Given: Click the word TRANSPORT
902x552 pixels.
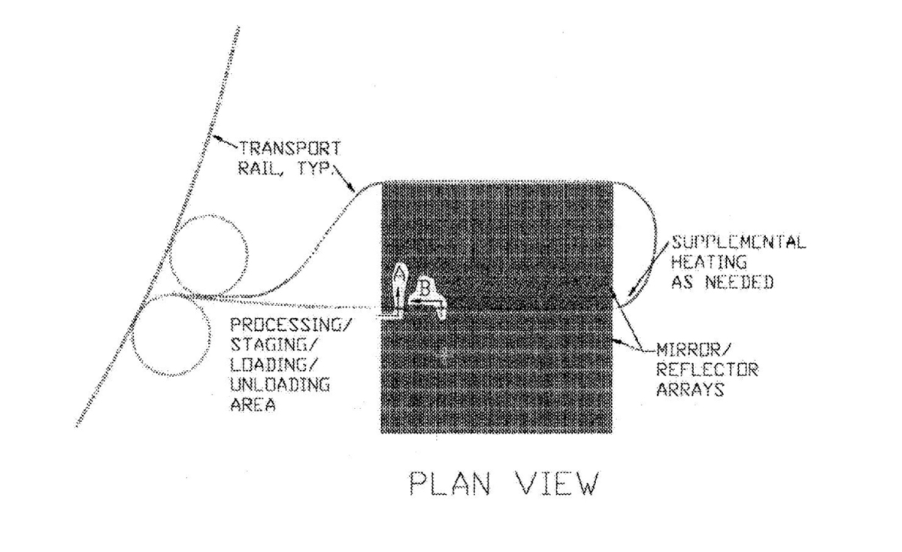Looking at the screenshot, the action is point(290,148).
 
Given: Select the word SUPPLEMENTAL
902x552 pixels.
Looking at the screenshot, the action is point(738,242).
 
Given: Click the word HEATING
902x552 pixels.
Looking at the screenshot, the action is point(709,262).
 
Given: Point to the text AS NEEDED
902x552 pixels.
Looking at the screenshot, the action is point(722,282).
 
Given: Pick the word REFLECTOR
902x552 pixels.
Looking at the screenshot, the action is point(707,369).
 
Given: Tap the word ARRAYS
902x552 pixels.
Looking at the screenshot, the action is point(690,389).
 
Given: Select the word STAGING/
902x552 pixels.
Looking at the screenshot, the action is point(274,344).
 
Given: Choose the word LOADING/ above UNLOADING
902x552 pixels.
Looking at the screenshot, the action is point(274,365).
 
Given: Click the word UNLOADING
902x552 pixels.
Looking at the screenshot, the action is point(280,384).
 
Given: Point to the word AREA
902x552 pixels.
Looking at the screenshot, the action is point(253,404).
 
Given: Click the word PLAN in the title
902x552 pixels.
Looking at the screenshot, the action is point(449,483).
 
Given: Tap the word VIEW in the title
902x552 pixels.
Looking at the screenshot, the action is point(558,483).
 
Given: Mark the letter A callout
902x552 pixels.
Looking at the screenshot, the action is point(399,273).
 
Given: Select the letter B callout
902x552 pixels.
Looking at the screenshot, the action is point(425,288).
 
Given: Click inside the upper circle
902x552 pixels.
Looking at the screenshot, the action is point(209,255).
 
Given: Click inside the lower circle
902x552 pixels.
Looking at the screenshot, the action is point(171,335).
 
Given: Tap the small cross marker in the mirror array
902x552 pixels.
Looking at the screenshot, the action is point(444,355).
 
